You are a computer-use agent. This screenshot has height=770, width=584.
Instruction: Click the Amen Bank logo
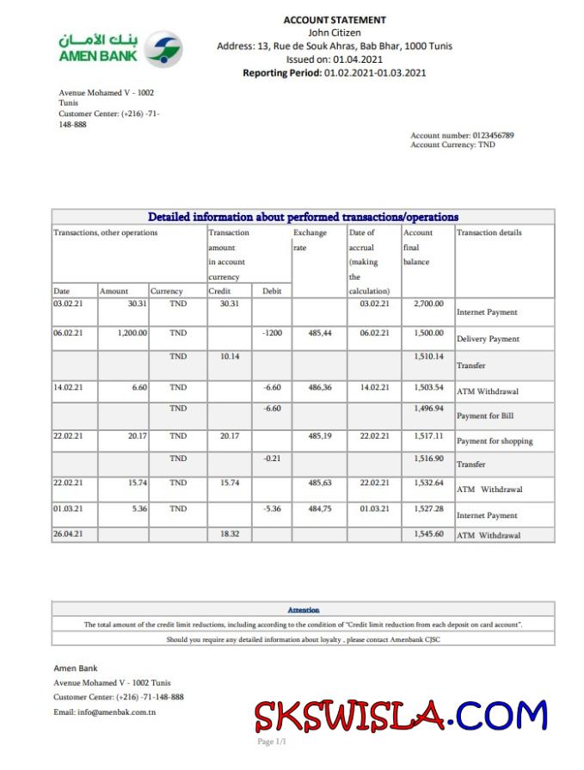(120, 49)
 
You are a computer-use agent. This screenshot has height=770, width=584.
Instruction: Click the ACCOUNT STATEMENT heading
(335, 20)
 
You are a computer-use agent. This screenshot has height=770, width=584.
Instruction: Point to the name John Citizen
(335, 33)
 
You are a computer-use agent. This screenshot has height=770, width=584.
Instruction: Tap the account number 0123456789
(493, 135)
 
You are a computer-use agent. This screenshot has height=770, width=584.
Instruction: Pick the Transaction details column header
(489, 232)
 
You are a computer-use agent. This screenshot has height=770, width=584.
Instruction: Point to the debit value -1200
(272, 332)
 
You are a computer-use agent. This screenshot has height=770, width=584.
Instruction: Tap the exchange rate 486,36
(320, 387)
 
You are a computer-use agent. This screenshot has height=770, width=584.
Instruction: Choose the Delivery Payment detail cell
(488, 339)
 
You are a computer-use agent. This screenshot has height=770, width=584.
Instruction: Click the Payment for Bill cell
(485, 416)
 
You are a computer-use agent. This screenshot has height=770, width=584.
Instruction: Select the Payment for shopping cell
(495, 441)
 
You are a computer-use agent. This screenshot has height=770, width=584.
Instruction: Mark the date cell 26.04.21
(68, 534)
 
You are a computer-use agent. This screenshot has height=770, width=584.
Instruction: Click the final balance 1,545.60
(428, 534)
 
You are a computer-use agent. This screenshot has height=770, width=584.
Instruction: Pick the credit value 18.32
(229, 534)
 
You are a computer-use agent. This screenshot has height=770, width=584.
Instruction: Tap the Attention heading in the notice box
(303, 610)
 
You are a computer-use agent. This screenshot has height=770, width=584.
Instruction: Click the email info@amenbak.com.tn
(104, 711)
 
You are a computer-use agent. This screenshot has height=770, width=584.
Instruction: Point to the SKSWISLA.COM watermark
(401, 715)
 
